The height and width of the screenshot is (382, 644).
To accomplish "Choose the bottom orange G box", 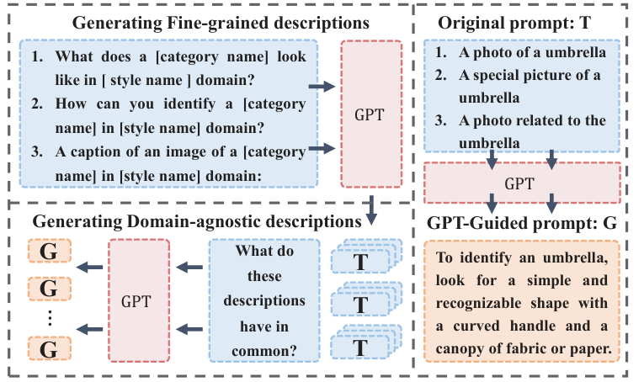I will coord(49,348).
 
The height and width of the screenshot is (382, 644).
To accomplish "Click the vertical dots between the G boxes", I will coord(49,318).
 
